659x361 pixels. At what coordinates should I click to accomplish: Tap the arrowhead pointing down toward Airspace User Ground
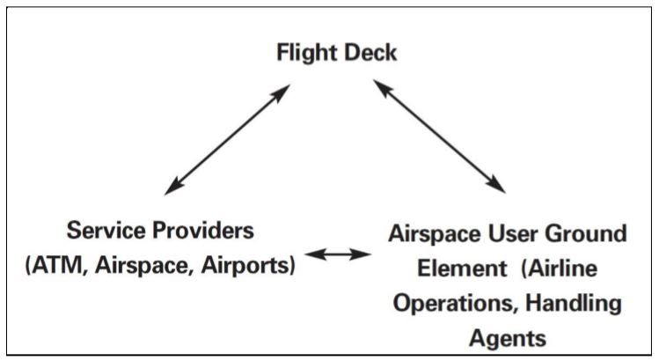(x=497, y=185)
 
